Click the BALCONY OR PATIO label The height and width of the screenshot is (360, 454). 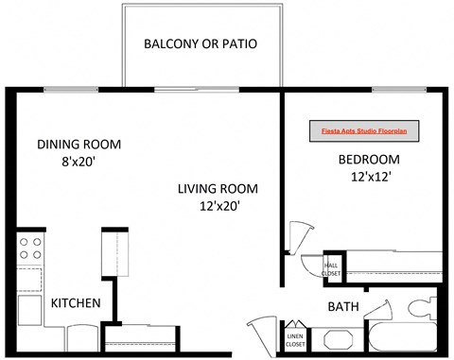click(200, 43)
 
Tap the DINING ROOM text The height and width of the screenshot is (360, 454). click(79, 145)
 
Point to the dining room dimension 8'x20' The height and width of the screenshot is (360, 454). click(79, 162)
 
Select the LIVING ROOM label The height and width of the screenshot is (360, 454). click(218, 188)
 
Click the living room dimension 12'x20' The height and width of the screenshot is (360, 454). click(218, 205)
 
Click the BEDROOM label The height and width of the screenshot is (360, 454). click(369, 159)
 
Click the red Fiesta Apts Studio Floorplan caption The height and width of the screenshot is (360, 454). click(364, 131)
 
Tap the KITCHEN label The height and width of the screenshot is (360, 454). click(76, 303)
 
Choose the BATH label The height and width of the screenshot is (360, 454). click(342, 307)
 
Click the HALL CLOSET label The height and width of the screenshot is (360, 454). click(332, 269)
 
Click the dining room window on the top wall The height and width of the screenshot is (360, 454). click(70, 89)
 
